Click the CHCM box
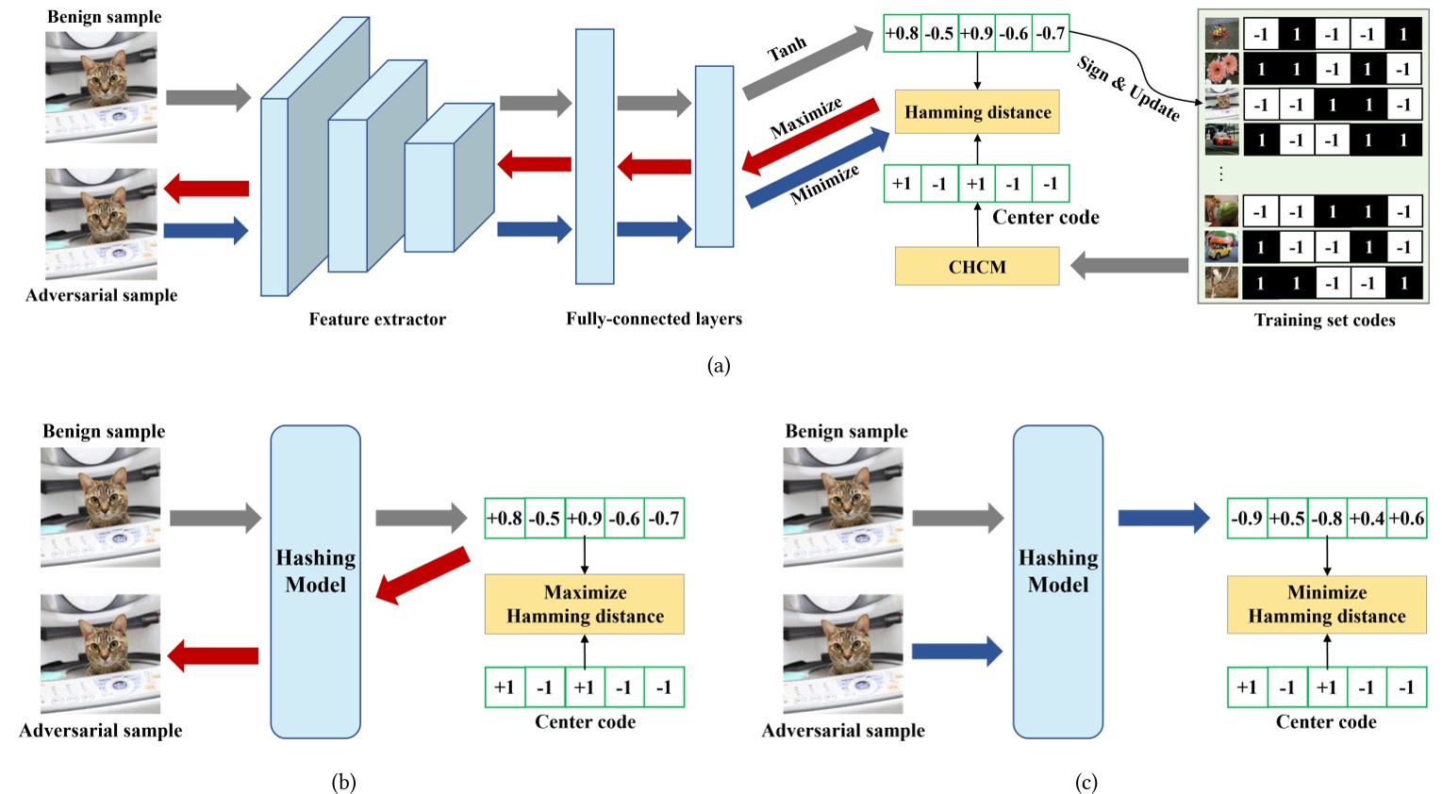[976, 267]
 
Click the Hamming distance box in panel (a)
[976, 112]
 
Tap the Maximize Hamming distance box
[584, 604]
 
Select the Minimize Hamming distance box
[1326, 604]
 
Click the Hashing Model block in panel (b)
[315, 581]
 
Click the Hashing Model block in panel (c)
[1057, 581]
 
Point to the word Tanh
[787, 48]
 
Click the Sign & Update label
[1128, 89]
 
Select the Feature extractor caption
[377, 319]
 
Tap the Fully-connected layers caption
[654, 319]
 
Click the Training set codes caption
[1324, 320]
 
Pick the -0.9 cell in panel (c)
[1247, 519]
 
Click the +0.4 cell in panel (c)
[1366, 519]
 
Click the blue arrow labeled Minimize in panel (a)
[818, 169]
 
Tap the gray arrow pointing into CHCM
[1129, 267]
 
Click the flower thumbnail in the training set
[1221, 69]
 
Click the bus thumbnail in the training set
[1221, 247]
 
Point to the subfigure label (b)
[343, 782]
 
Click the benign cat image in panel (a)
[101, 87]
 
